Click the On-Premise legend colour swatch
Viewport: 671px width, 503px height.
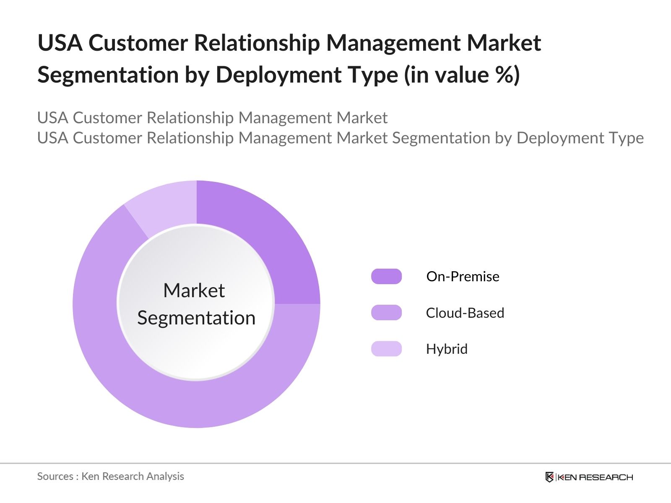[x=386, y=277]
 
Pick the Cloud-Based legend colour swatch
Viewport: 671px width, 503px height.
[x=386, y=313]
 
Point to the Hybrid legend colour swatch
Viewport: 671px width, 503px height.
[x=386, y=349]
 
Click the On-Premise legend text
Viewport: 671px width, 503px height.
[x=463, y=277]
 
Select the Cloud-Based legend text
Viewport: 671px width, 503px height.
[x=465, y=313]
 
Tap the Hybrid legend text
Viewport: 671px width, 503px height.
[x=447, y=349]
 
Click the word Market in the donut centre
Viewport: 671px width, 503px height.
[x=194, y=290]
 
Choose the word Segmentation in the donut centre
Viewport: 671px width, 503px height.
[x=196, y=318]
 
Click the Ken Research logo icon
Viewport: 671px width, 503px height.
[x=549, y=477]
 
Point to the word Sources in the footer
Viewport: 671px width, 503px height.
[x=55, y=476]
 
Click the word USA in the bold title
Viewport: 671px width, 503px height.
[x=60, y=43]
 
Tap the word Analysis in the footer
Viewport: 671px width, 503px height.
[x=168, y=476]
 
